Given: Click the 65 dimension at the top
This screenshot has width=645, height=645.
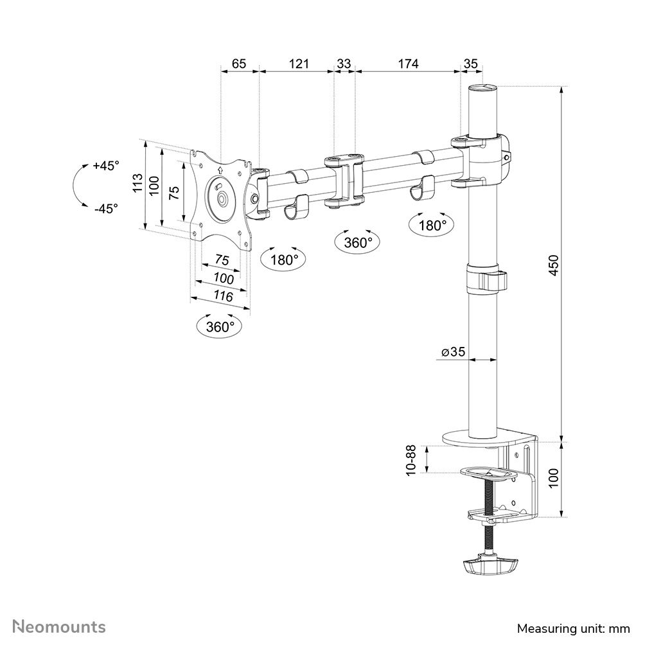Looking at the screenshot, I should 239,64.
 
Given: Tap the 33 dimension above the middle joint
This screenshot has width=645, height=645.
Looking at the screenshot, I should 344,64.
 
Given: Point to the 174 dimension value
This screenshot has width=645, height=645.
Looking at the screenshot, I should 408,64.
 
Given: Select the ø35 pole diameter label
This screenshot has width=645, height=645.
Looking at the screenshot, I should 453,351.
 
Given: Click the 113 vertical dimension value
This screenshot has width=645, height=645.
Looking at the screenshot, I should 137,184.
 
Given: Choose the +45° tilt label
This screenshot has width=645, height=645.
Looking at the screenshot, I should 106,166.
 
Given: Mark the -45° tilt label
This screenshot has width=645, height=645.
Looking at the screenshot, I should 106,208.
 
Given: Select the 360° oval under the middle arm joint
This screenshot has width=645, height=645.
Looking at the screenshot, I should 358,242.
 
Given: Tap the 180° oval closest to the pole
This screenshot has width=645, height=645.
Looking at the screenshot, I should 432,225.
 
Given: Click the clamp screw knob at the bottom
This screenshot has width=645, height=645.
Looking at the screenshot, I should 489,566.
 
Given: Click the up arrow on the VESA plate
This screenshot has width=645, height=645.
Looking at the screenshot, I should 220,171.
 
